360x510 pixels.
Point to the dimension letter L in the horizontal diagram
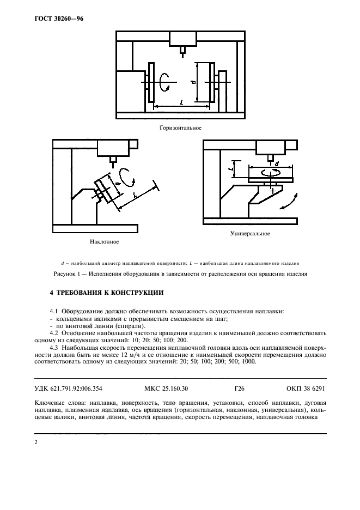(x=181, y=102)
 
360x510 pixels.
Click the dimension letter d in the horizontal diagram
(x=193, y=82)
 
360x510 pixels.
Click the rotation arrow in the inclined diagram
(x=127, y=176)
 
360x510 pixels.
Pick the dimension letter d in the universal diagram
(x=277, y=163)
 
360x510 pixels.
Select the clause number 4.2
(x=54, y=331)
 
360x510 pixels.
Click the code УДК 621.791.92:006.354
(x=68, y=389)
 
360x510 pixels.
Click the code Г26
(x=239, y=389)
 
